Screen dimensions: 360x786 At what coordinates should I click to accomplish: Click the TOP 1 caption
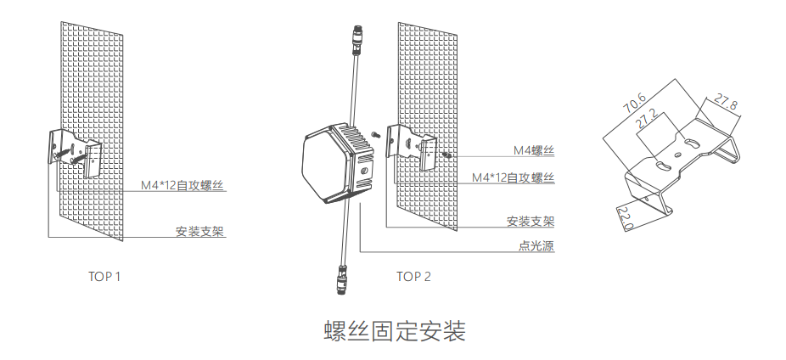[x=105, y=277]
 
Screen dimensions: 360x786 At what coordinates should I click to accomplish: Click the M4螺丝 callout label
[x=533, y=150]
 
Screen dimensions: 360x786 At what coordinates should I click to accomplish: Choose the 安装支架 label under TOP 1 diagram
[x=200, y=231]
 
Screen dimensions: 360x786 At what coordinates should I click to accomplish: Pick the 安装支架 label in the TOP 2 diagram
[x=531, y=222]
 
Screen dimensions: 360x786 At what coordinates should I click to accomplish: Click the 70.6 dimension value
[x=635, y=101]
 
